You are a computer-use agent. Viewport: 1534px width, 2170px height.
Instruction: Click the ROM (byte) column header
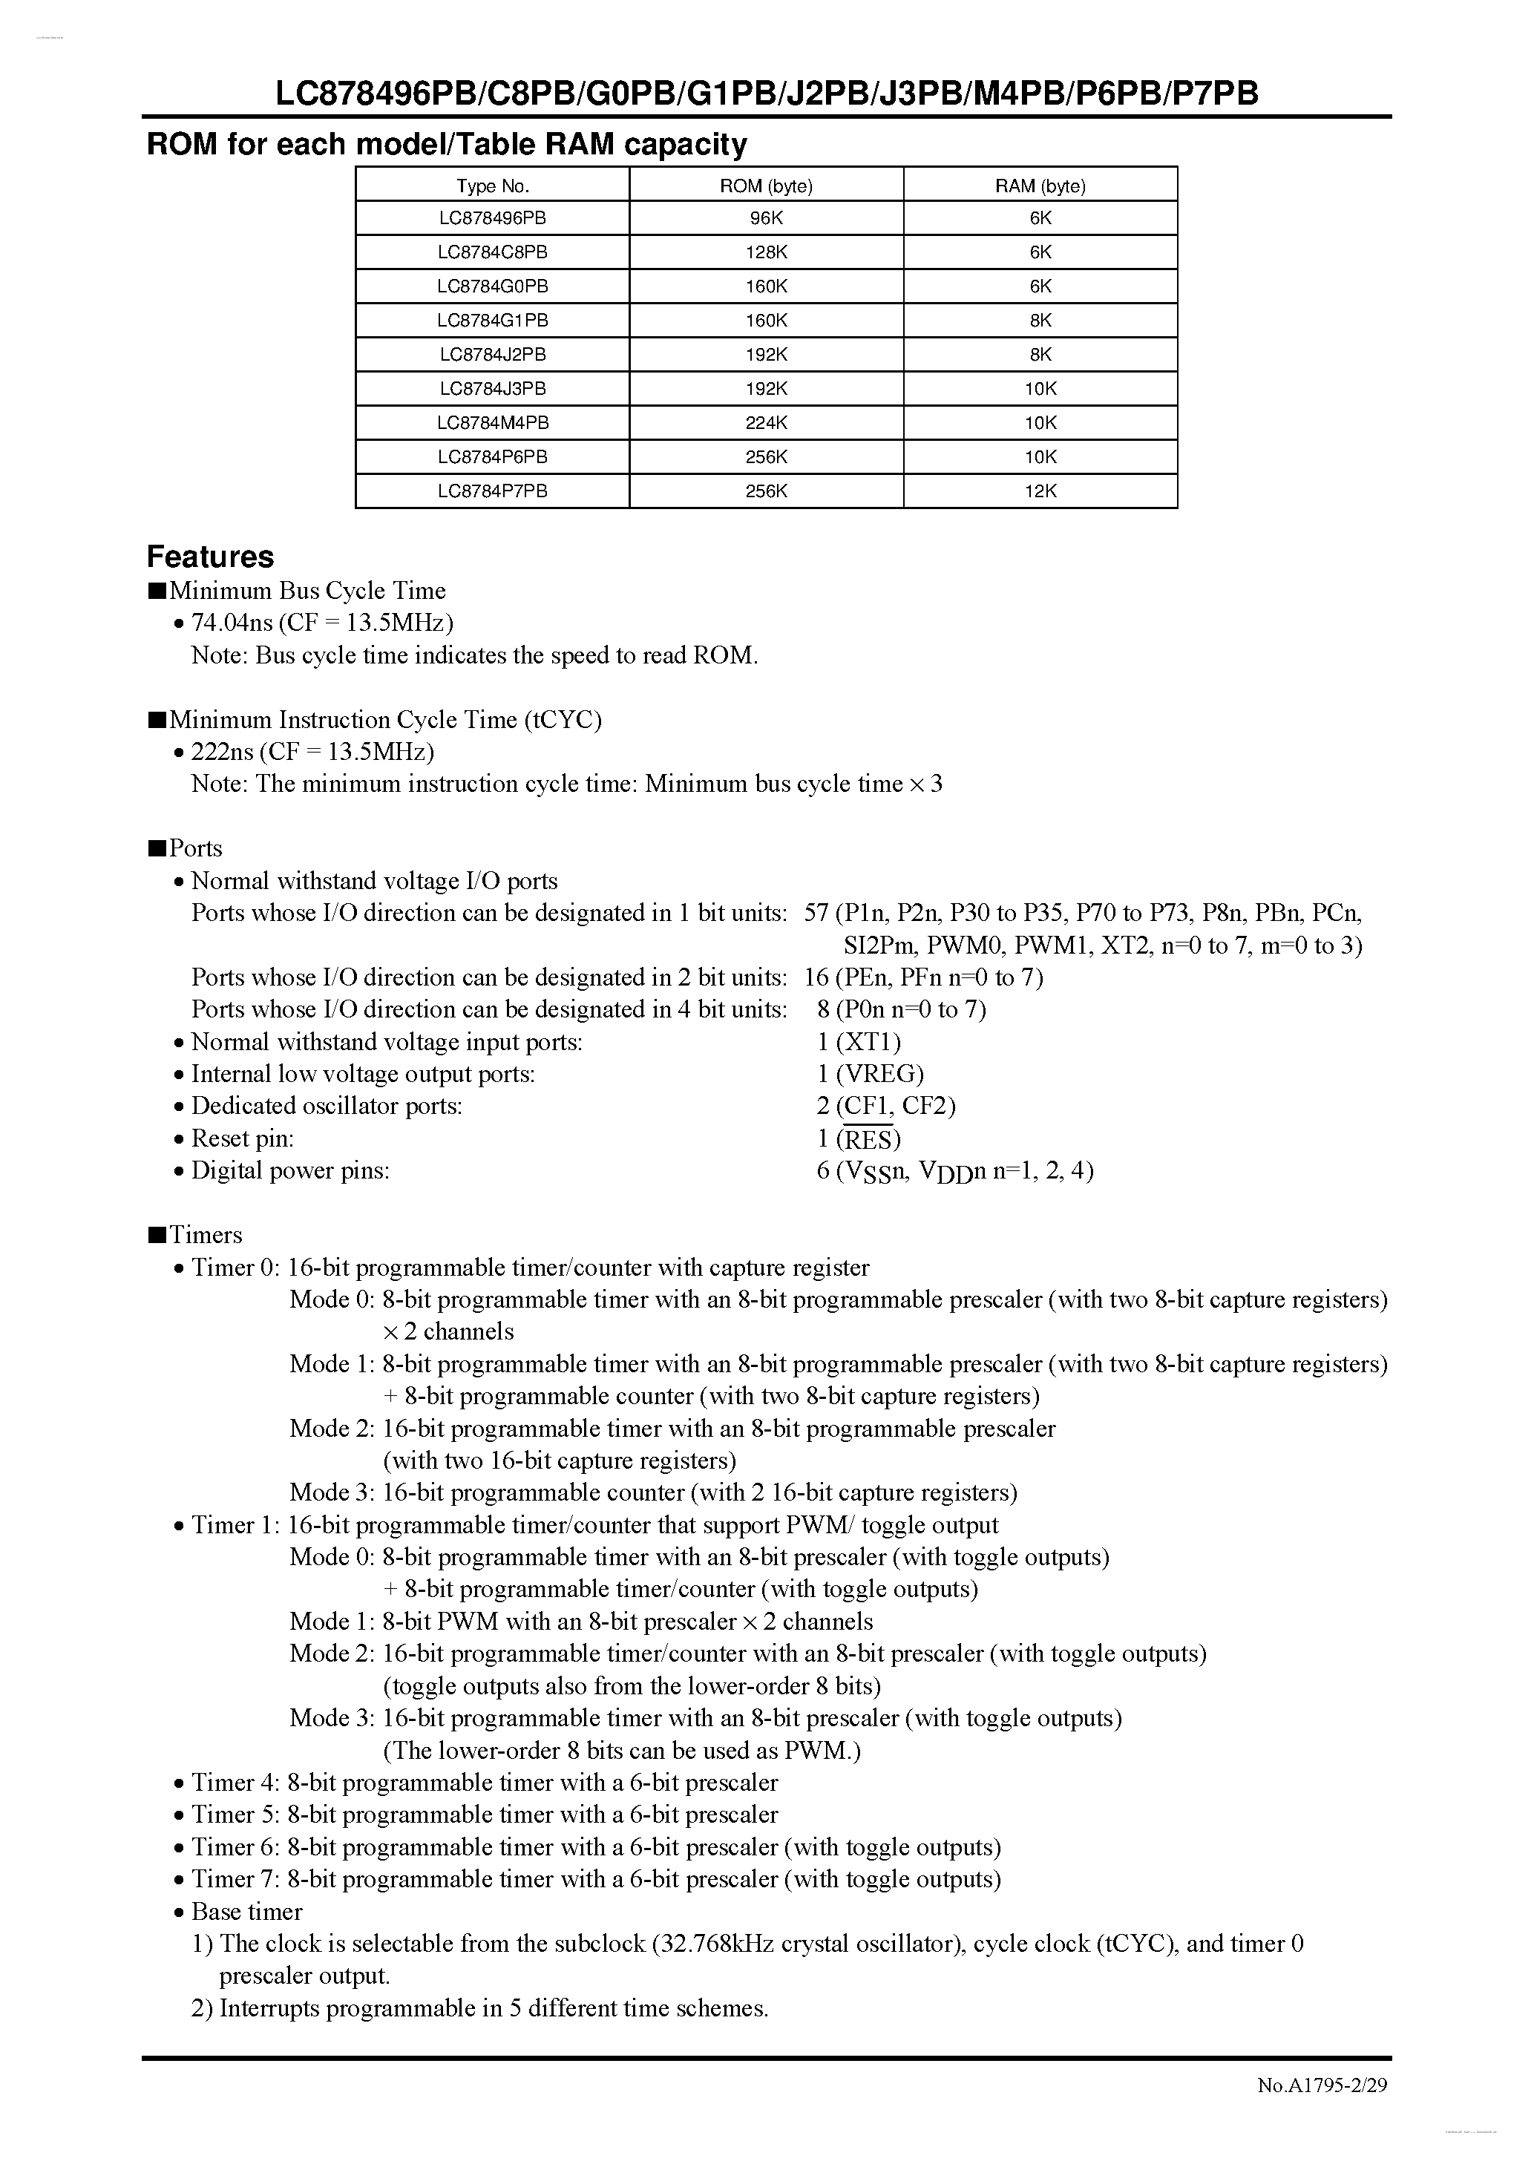tap(766, 186)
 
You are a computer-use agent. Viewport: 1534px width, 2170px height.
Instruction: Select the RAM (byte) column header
tap(1040, 186)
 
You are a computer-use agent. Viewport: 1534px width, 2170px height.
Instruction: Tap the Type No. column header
tap(493, 186)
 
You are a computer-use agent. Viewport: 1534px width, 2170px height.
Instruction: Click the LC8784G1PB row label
tap(493, 321)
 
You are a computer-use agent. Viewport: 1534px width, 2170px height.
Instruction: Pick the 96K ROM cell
tap(766, 218)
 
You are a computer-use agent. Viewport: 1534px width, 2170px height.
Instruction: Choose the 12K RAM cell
tap(1040, 491)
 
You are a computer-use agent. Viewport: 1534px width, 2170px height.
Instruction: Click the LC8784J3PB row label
tap(493, 388)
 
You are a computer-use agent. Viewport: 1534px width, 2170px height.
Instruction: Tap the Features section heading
tap(210, 556)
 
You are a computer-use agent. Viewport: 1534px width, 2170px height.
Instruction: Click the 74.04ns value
tap(232, 623)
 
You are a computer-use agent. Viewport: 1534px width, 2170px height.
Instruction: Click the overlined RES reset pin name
tap(868, 1139)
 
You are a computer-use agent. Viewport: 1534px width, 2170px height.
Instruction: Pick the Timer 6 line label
tap(235, 1846)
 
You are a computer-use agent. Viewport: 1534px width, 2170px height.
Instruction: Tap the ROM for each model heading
tap(446, 145)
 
